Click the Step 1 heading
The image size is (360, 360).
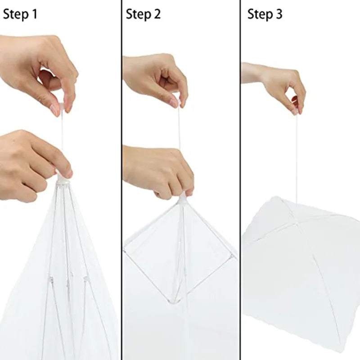coord(20,14)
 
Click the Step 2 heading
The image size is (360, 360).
coord(143,14)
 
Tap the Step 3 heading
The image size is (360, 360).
coord(265,14)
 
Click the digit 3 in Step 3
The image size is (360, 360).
coord(279,14)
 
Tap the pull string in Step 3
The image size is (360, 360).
coord(296,157)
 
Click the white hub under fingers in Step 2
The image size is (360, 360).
coord(183,198)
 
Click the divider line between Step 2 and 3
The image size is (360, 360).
coord(240,180)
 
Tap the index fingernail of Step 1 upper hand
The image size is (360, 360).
coord(56,110)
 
